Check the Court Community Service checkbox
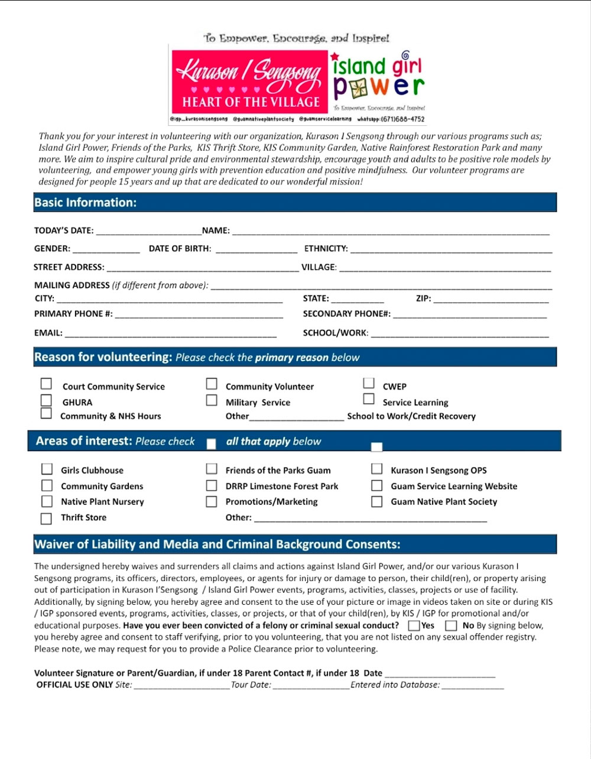click(46, 384)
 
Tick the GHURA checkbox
click(46, 400)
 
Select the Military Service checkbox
click(211, 400)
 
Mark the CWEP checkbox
click(369, 384)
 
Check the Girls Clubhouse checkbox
click(47, 469)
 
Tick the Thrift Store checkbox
click(46, 518)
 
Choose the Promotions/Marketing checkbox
click(211, 502)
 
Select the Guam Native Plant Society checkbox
click(376, 502)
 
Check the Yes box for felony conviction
click(414, 625)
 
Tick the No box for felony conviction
click(451, 625)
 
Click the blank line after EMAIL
click(170, 333)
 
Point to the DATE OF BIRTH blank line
click(256, 249)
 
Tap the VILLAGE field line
click(444, 268)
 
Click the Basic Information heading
click(86, 203)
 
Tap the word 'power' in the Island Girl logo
click(378, 87)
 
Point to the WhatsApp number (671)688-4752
click(403, 119)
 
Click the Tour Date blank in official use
click(311, 686)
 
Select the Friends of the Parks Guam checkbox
click(211, 469)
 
